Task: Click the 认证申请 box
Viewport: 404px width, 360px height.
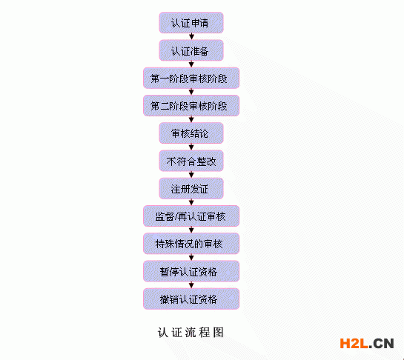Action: (x=191, y=23)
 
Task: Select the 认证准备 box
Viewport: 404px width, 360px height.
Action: (x=191, y=50)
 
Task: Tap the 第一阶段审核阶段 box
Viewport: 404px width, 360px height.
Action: (x=191, y=78)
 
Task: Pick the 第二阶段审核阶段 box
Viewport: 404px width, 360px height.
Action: (x=191, y=106)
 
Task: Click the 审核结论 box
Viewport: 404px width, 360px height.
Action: (x=191, y=133)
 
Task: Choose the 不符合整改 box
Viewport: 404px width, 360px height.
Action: (x=191, y=161)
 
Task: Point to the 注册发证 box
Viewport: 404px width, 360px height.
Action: (x=191, y=188)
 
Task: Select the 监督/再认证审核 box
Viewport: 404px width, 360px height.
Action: (x=191, y=216)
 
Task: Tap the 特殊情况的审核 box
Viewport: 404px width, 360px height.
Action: (x=191, y=244)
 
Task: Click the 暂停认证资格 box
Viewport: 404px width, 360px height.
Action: (x=191, y=271)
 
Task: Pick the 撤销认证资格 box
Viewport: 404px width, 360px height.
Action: (x=191, y=299)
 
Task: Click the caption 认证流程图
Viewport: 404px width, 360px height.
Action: (x=191, y=333)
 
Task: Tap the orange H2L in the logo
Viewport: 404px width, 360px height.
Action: (x=354, y=344)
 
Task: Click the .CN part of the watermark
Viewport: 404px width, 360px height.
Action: (x=381, y=344)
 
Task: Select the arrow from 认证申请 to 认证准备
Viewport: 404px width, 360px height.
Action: (x=191, y=36)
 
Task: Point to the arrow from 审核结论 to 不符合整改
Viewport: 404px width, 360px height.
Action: (x=191, y=147)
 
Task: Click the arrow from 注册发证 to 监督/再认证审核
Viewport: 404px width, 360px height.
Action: (x=191, y=202)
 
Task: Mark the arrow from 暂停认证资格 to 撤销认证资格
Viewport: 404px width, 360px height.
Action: (x=191, y=284)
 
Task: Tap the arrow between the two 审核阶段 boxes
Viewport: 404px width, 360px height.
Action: (x=191, y=92)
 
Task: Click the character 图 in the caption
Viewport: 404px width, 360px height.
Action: (x=218, y=333)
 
